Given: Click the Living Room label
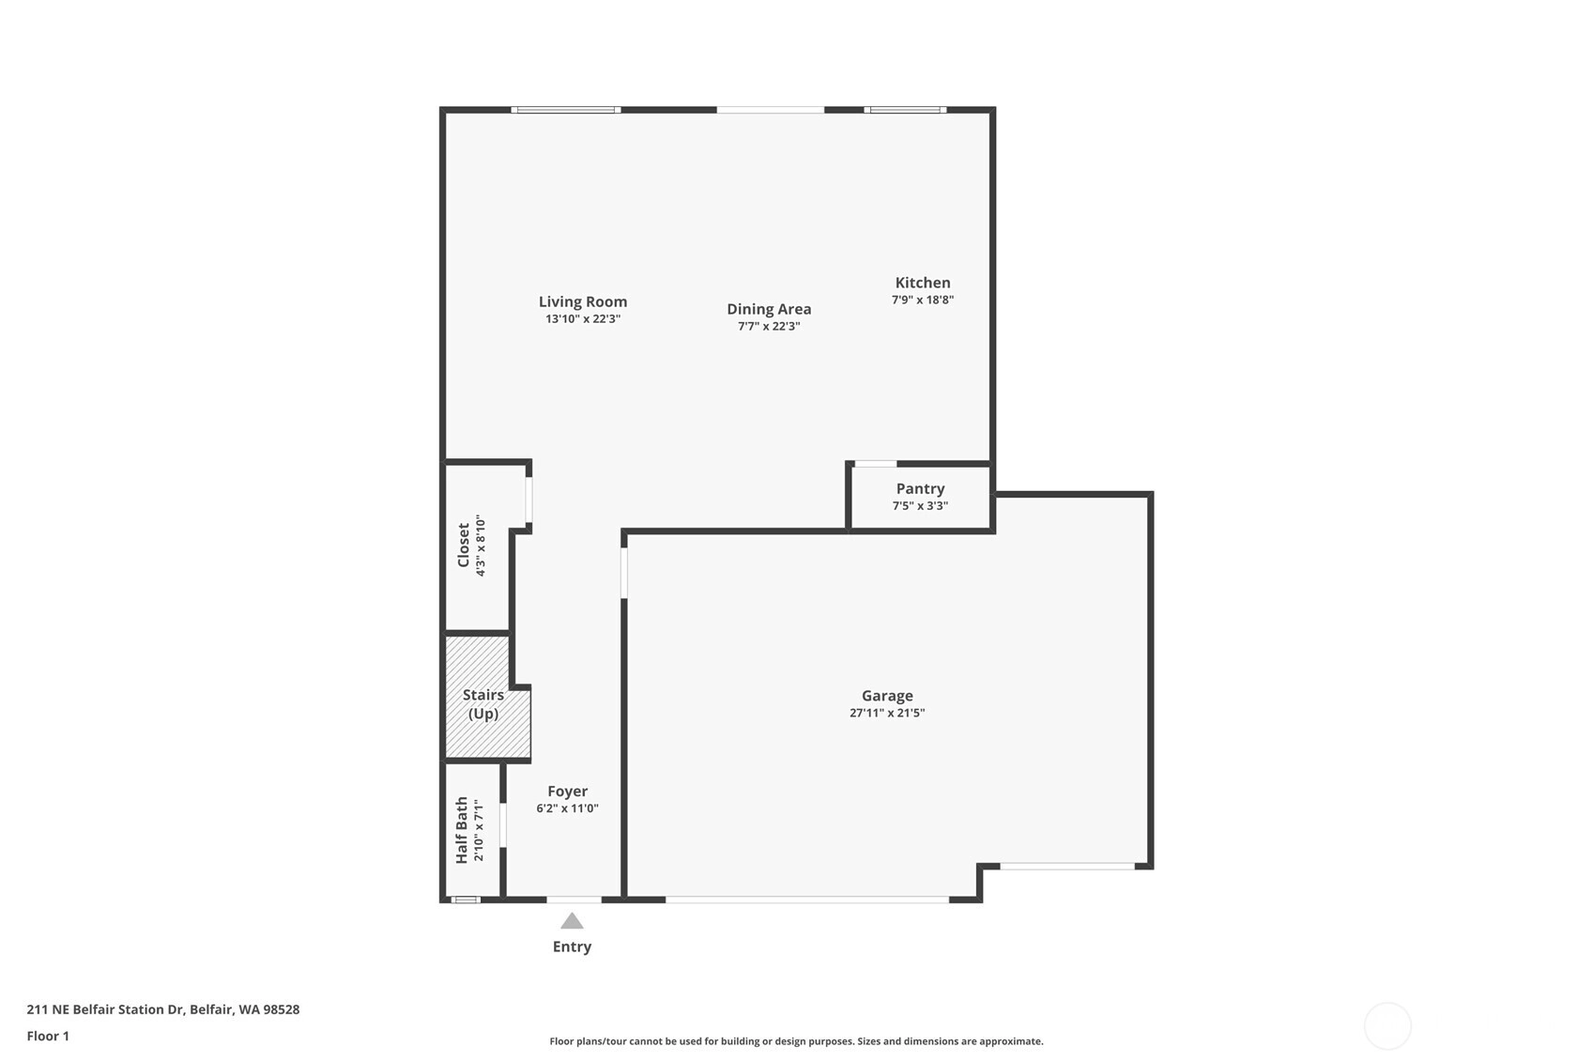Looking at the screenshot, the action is click(x=582, y=301).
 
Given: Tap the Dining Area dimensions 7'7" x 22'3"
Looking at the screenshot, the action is click(x=769, y=327).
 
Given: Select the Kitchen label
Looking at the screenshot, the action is click(x=923, y=283).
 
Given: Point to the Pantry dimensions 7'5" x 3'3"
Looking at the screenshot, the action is click(x=920, y=506).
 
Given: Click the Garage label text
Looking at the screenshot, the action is click(x=887, y=696).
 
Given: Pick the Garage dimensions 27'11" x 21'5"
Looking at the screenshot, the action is click(x=887, y=713).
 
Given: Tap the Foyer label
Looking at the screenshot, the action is click(x=568, y=791).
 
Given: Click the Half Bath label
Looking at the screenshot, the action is click(x=462, y=830).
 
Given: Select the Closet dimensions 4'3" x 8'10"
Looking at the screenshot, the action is click(x=480, y=546).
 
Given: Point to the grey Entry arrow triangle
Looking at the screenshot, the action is click(x=572, y=921).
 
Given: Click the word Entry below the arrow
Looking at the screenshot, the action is click(x=572, y=947).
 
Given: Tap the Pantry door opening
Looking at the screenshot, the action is click(x=876, y=464).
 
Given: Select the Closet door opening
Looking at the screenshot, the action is click(x=528, y=500).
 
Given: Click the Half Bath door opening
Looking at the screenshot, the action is click(x=503, y=825).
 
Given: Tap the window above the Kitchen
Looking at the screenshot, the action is click(x=905, y=110).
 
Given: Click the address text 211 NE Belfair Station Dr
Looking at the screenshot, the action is click(x=105, y=1009).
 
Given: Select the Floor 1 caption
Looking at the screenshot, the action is click(x=48, y=1037).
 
